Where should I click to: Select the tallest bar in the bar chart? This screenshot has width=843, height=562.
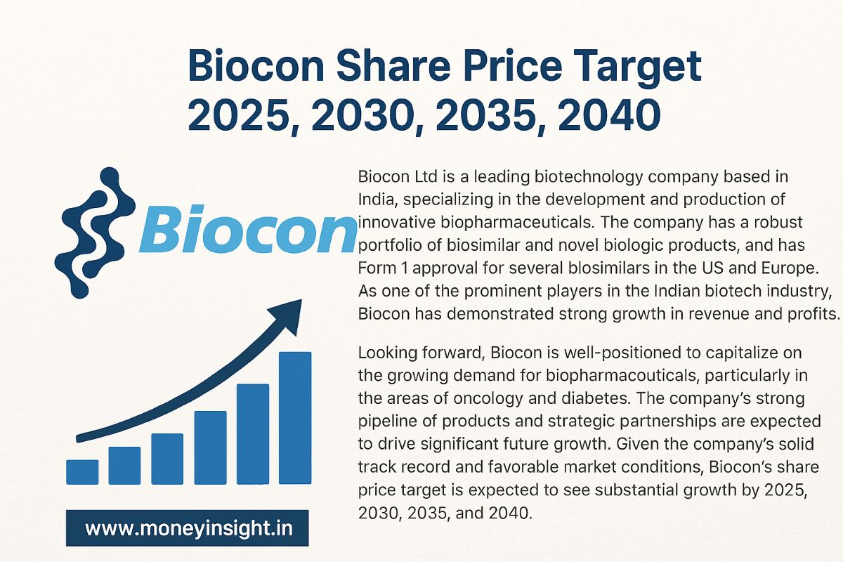point(295,417)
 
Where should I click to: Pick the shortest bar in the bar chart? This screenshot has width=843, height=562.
point(81,471)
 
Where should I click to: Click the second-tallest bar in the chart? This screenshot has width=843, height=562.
point(252,433)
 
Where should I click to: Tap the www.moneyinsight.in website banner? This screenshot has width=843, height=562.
point(187,528)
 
